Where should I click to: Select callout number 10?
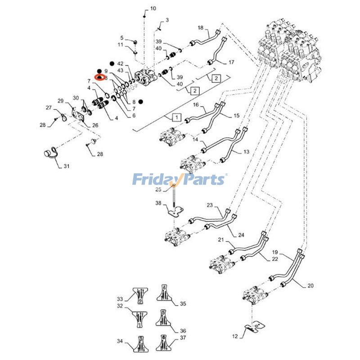point(153,9)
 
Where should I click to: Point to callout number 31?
point(66,166)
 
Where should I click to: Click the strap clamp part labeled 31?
point(49,154)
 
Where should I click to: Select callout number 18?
point(201,28)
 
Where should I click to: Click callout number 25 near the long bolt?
point(158,189)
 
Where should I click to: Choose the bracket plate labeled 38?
point(175,210)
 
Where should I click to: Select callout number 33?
point(120,299)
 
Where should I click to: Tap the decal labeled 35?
point(164,293)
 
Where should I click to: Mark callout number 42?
point(120,64)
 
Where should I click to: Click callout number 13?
point(246,152)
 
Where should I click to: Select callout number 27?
point(49,108)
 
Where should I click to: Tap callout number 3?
point(166,20)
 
